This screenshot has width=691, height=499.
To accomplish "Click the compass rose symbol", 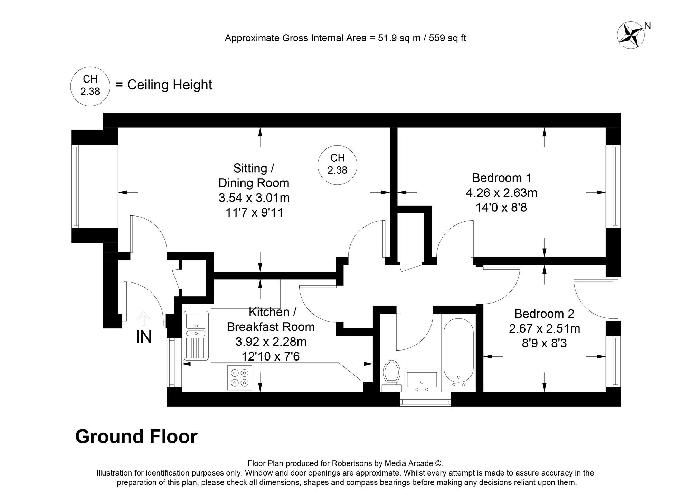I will tap(631, 35).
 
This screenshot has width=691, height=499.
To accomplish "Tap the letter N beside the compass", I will tap(648, 26).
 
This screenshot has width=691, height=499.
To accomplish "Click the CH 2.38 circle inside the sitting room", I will tap(337, 164).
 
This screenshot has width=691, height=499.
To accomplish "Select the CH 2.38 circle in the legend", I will tap(90, 85).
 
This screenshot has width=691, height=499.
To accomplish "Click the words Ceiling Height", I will tap(169, 85).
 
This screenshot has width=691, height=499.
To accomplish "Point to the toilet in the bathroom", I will tap(391, 373).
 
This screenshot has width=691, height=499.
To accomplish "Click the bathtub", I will tap(458, 352).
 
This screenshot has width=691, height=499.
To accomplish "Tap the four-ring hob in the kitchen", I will tap(240, 378).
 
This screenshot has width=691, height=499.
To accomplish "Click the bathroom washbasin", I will tap(422, 379).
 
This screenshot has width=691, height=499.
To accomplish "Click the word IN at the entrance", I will tap(144, 337).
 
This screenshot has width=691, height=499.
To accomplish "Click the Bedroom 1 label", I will tap(502, 178).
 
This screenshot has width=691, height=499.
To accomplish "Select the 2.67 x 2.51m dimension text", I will tap(544, 328).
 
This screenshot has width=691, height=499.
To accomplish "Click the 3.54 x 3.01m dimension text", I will tap(254, 198).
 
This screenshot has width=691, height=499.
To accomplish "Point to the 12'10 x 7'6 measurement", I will tap(271, 356).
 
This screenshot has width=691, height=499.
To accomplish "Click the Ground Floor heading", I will tap(136, 436).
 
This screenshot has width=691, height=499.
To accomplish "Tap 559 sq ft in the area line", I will tap(447, 38).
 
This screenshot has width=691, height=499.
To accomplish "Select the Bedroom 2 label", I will tap(544, 314).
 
